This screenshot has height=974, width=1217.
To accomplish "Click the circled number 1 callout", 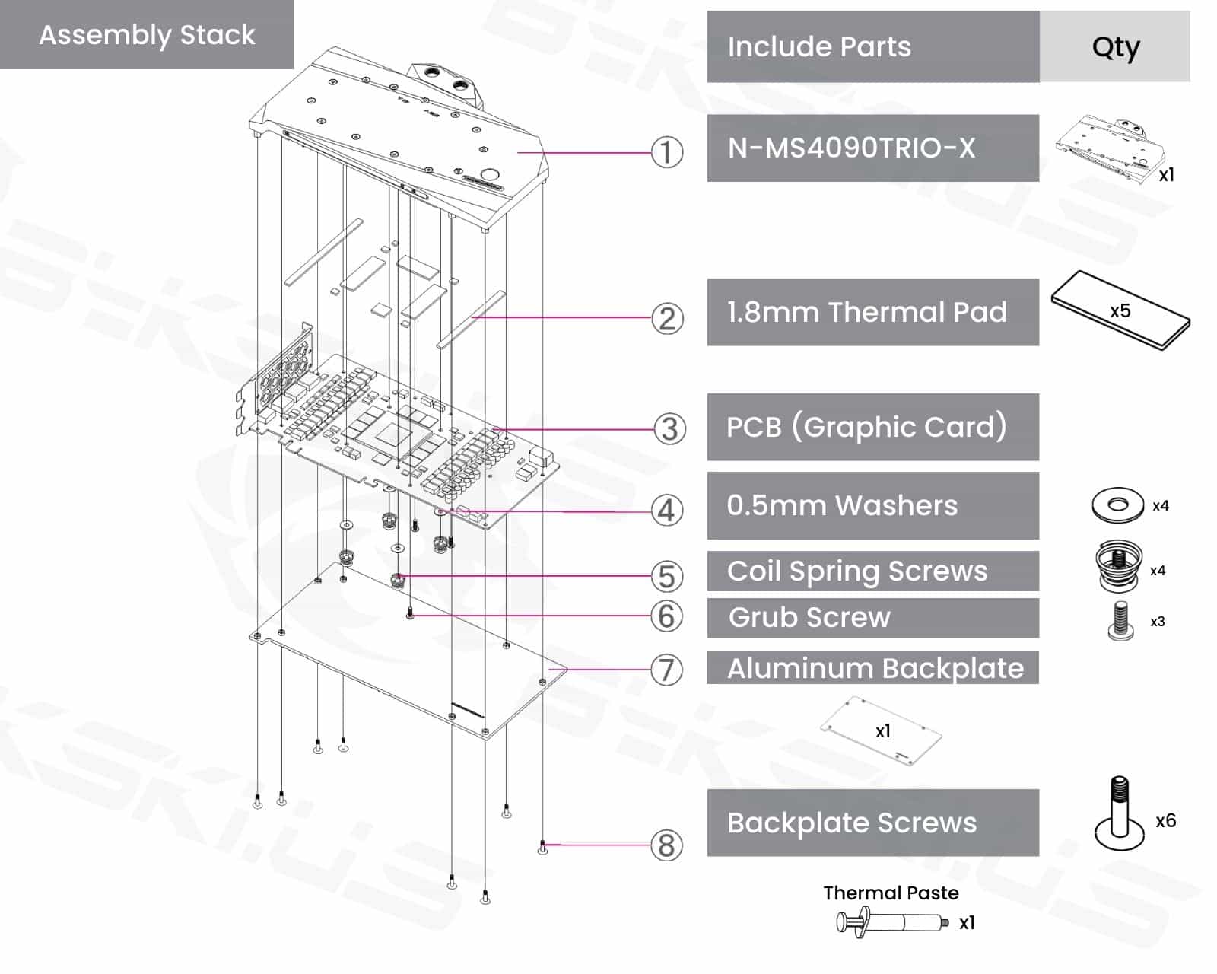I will point(666,152).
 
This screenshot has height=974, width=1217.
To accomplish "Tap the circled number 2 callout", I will point(667,319).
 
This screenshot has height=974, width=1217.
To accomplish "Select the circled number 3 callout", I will point(669,429).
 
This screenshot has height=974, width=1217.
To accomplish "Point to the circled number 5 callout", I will point(666,576).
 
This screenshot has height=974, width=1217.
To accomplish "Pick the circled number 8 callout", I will point(666,845).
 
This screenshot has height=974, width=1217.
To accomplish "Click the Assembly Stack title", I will point(147,35).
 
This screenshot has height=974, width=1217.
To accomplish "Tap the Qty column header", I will point(1115,47).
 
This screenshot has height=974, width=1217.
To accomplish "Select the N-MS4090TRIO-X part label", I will point(851,148).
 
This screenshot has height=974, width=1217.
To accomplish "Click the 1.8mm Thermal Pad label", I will point(866,312).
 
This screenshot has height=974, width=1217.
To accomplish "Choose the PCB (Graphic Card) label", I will point(866,427).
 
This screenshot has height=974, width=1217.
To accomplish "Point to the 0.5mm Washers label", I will point(842,505).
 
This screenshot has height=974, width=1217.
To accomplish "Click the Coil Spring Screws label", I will point(857,571).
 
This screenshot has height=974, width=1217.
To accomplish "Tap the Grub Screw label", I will point(809,617).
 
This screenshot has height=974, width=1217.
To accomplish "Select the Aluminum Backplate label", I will point(875,668).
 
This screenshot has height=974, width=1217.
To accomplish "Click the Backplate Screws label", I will point(852,823).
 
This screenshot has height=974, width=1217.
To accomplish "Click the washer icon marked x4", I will point(1117,505).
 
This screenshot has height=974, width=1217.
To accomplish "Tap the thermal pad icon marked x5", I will point(1120,310).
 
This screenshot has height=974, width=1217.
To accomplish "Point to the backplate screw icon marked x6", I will point(1120,814).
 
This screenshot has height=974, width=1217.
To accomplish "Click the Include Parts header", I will point(819,47).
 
